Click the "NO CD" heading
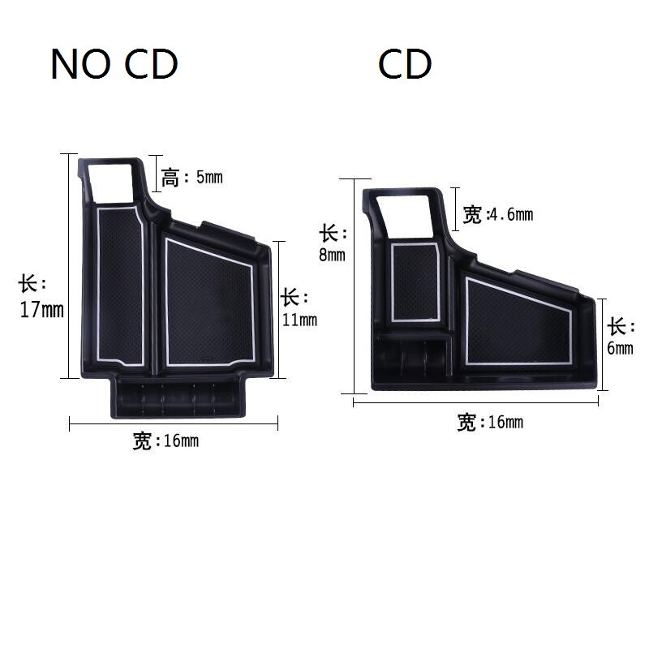click(x=114, y=65)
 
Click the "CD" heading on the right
click(x=404, y=65)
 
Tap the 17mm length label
click(x=41, y=298)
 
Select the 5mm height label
click(x=191, y=177)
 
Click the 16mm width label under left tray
click(x=165, y=441)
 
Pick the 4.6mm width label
click(x=497, y=215)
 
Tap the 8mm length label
click(x=332, y=243)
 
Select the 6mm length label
click(x=621, y=337)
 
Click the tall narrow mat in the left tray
click(x=121, y=284)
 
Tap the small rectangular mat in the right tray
click(x=415, y=281)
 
